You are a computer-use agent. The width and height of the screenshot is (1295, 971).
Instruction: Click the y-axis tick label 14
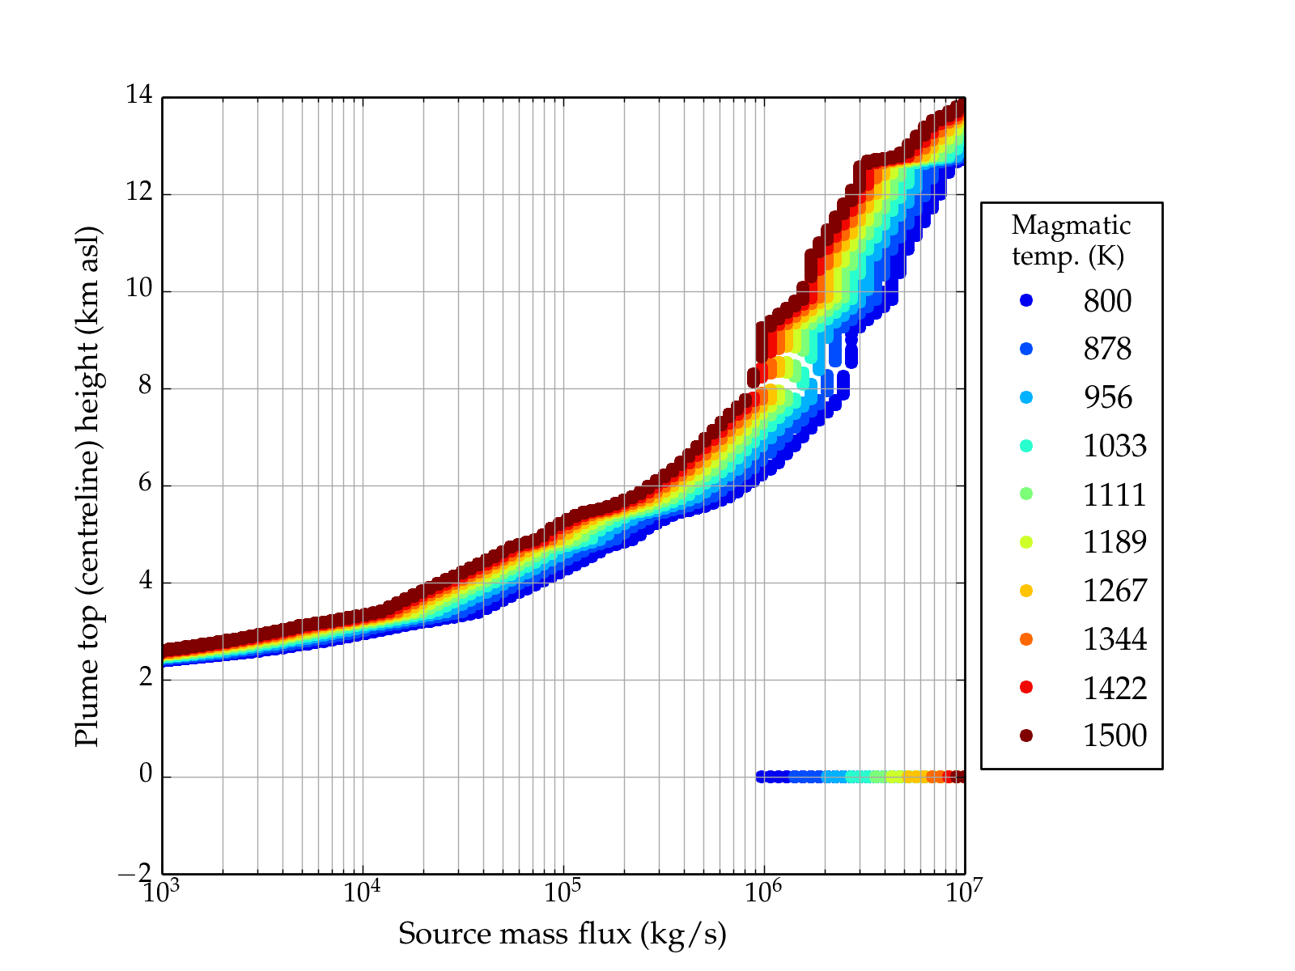coord(138,95)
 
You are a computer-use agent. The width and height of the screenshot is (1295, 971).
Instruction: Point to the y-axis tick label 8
coord(145,387)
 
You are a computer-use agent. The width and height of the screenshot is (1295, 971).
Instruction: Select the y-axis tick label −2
coord(134,872)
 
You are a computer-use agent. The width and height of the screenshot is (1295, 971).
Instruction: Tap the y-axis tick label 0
coord(145,775)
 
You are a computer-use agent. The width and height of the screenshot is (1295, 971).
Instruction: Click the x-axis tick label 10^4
coord(362,892)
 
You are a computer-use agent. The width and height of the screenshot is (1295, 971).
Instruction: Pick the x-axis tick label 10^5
coord(563,892)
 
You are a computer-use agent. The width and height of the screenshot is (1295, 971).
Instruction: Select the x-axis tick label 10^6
coord(763,892)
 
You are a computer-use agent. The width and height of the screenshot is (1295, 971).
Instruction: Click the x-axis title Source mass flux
coord(562,935)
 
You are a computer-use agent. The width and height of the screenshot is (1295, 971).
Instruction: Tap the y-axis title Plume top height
coord(87,485)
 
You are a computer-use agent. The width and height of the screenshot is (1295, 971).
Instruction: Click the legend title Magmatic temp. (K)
coord(1070,240)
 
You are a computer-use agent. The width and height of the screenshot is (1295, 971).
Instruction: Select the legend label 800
coord(1107,301)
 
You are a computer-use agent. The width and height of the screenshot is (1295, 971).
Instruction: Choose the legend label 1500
coord(1115,736)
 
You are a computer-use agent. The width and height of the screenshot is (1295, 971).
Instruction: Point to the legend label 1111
coord(1115,494)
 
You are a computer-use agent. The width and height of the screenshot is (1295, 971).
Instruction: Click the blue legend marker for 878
coord(1026,349)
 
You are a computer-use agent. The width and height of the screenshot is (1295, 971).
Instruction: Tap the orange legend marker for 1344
coord(1026,639)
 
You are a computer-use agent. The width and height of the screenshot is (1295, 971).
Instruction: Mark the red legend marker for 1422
coord(1026,687)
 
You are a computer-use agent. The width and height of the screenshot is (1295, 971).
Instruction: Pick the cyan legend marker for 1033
coord(1026,446)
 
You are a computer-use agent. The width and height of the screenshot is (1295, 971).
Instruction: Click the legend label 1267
coord(1115,591)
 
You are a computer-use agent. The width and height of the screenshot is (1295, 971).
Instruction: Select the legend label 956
coord(1107,397)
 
